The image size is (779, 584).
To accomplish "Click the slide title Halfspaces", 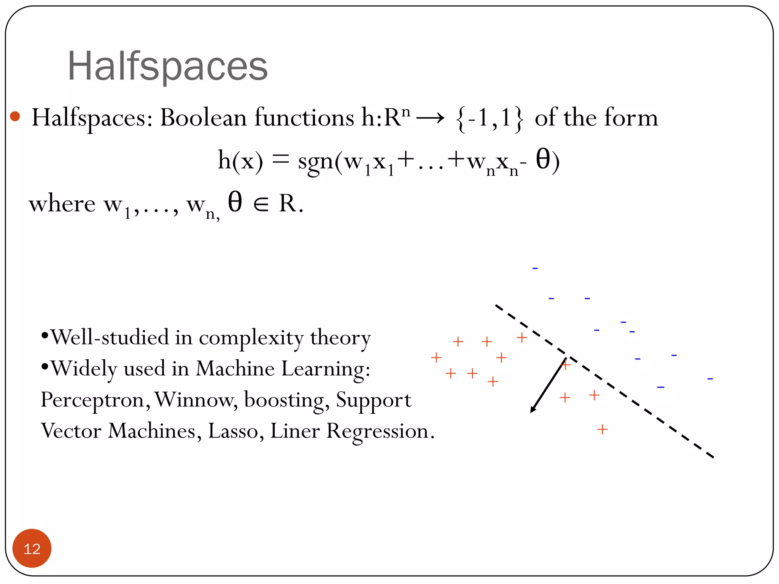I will click(167, 67).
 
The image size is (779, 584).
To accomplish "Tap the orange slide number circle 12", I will click(32, 548).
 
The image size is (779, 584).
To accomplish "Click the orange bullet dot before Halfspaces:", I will click(15, 116).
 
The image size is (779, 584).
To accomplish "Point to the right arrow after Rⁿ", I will click(430, 118).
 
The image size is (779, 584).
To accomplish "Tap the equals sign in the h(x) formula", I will click(281, 160).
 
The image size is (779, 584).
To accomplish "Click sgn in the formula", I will click(316, 162).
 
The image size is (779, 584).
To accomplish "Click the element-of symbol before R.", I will click(261, 205).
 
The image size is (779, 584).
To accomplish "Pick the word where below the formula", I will click(62, 204).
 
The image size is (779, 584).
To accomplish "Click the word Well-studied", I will click(110, 337).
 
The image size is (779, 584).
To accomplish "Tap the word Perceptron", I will click(93, 400).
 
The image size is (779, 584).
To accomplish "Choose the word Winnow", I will click(196, 400).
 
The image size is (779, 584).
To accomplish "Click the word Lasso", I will click(233, 431).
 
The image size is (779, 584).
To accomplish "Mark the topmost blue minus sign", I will click(535, 268).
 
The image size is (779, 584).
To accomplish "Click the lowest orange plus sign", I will click(602, 430).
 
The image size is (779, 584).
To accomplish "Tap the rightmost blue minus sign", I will click(710, 379).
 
